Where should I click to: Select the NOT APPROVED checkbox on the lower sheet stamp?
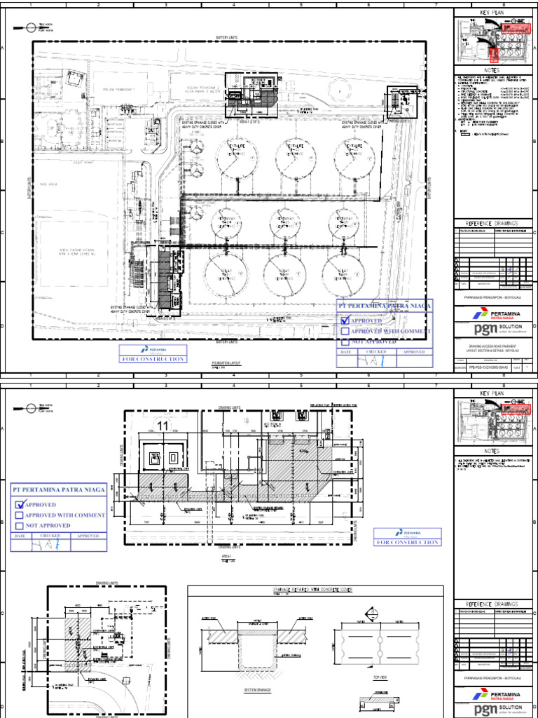[19, 525]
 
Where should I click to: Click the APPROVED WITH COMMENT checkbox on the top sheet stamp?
[344, 331]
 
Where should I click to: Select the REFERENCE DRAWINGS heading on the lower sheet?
[492, 604]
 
